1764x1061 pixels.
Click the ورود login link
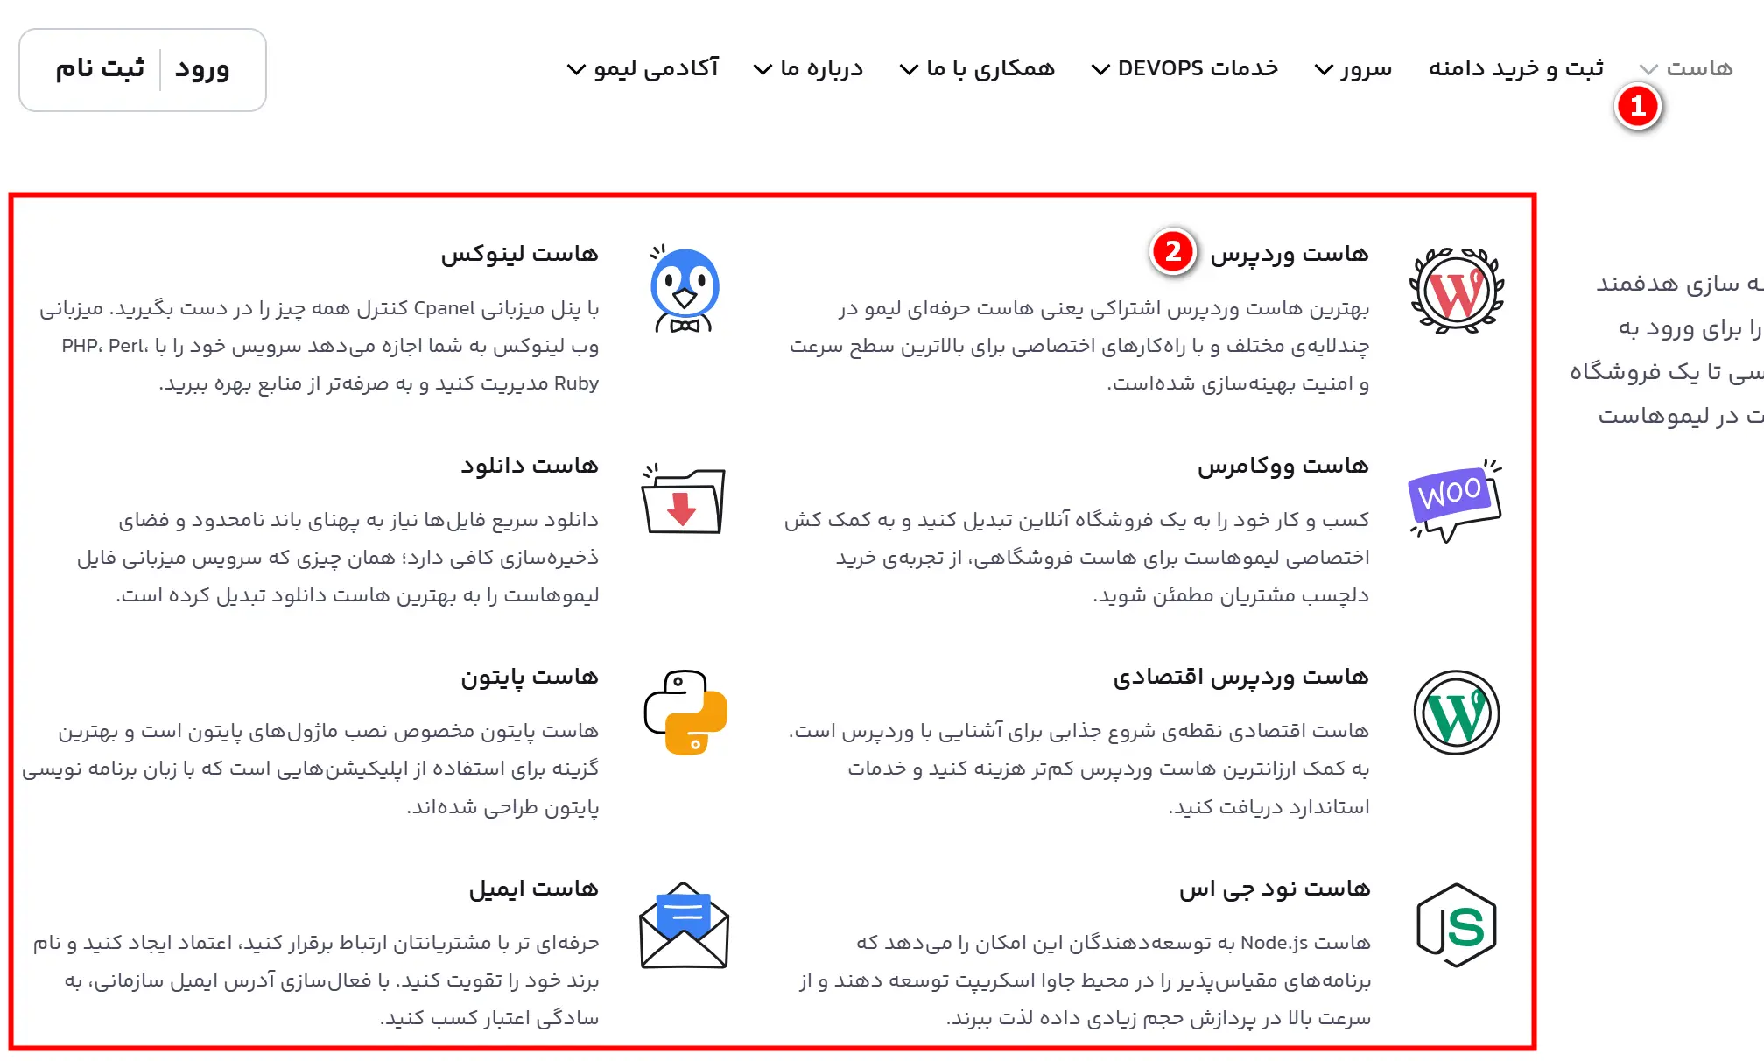tap(202, 69)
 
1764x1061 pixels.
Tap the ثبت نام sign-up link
tap(100, 69)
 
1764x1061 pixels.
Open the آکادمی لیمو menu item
tap(644, 68)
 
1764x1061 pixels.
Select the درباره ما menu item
tap(810, 68)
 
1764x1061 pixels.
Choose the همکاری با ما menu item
tap(979, 68)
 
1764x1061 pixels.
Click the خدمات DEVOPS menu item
tap(1186, 68)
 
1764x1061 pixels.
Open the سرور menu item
tap(1354, 68)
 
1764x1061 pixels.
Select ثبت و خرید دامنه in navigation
tap(1516, 68)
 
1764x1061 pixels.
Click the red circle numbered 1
tap(1638, 107)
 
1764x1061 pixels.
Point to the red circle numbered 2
tap(1173, 252)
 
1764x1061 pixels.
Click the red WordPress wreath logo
tap(1457, 291)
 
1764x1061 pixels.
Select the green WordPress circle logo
tap(1457, 713)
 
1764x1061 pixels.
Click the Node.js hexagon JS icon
tap(1457, 925)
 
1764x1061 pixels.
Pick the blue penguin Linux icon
tap(685, 289)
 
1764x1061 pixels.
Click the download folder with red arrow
tap(684, 500)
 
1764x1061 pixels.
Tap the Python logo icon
tap(685, 713)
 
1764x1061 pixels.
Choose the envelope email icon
tap(685, 925)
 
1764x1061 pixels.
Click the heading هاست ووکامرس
tap(1283, 466)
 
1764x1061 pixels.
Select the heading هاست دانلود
tap(530, 466)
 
